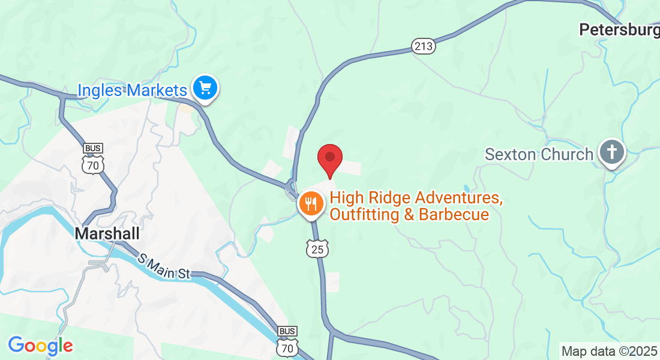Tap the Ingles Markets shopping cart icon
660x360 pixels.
pos(205,89)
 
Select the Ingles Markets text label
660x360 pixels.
pos(133,91)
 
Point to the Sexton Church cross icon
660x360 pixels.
pos(611,152)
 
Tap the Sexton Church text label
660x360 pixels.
pos(539,154)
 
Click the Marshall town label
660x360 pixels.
pos(107,233)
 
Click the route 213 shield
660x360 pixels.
pos(423,46)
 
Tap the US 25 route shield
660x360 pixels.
pos(317,248)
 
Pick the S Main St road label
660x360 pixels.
pos(164,267)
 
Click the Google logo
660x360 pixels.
pos(40,346)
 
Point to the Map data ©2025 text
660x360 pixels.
pos(609,351)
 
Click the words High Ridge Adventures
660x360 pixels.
pos(415,197)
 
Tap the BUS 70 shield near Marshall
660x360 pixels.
pos(94,158)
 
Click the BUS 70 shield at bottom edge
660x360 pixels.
pos(287,342)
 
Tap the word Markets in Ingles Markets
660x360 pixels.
pos(156,91)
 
